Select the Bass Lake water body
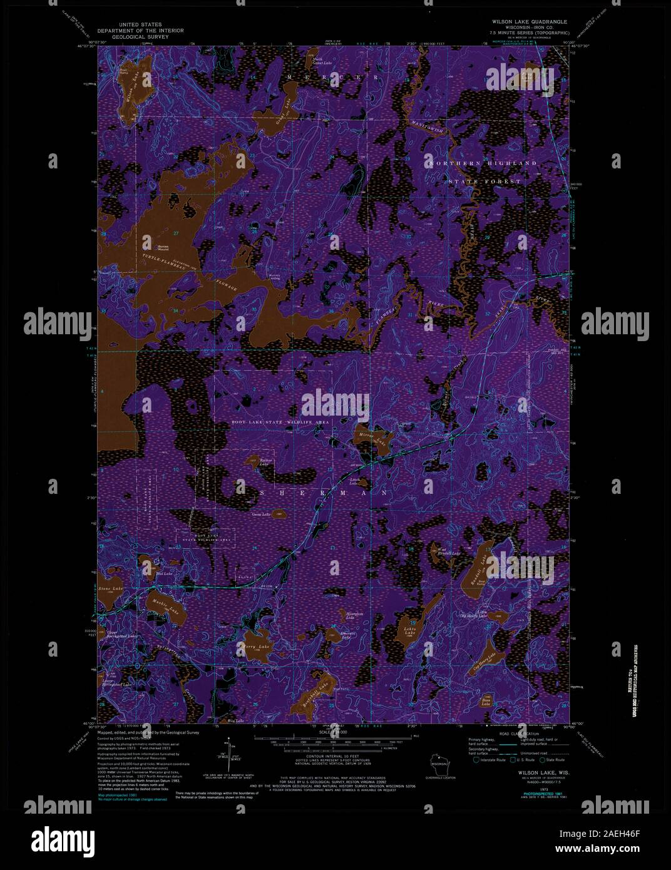pos(486,700)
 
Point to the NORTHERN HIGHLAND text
pos(483,163)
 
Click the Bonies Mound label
pos(151,248)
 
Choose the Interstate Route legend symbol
pos(476,760)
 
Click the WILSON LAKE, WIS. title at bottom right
pos(542,772)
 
